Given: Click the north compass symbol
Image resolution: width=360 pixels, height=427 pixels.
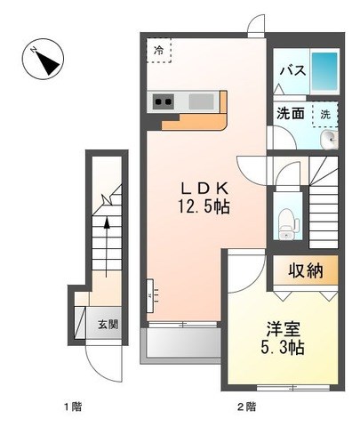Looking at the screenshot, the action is tap(44, 59).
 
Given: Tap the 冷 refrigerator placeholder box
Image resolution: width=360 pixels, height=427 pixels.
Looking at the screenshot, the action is tap(159, 50).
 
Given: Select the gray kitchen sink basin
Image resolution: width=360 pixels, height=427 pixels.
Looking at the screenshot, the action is tap(202, 101).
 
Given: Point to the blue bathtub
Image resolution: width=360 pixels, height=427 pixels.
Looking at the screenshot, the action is tap(324, 71).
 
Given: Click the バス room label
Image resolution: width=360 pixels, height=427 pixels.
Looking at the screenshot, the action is tap(293, 71).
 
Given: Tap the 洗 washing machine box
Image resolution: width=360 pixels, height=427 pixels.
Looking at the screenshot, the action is tap(325, 115).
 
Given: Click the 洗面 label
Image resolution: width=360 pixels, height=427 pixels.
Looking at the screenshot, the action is tap(291, 114).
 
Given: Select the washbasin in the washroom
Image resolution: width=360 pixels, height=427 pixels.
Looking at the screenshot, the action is tap(329, 140).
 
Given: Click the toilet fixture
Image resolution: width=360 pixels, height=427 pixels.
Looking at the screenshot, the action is tap(287, 223).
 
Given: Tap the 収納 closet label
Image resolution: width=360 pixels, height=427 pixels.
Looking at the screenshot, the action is tap(306, 270).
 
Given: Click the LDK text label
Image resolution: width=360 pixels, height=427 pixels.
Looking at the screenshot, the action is tap(204, 189).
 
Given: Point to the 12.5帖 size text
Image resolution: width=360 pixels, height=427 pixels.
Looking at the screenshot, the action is tap(204, 206).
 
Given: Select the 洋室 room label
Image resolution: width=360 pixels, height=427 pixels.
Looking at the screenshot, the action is tap(284, 329).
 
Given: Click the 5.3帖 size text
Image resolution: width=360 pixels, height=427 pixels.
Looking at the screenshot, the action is tap(283, 347).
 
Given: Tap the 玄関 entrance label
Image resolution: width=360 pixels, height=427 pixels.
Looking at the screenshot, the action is tap(108, 325).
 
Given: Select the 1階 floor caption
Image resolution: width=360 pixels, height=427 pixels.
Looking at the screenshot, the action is tap(73, 407).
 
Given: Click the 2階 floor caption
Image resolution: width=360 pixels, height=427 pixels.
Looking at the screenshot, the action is tap(247, 407).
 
